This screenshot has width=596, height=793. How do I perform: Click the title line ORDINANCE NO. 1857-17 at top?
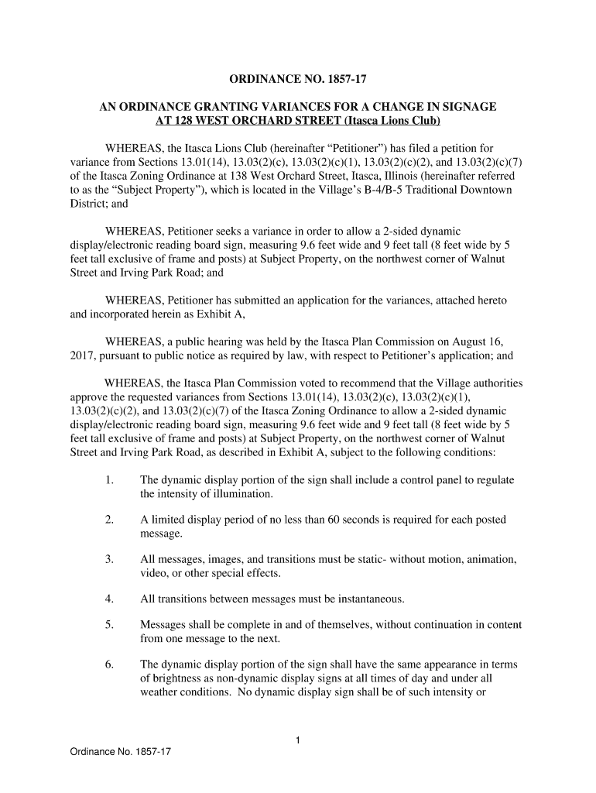tap(298, 79)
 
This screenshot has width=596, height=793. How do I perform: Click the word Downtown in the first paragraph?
tap(487, 190)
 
